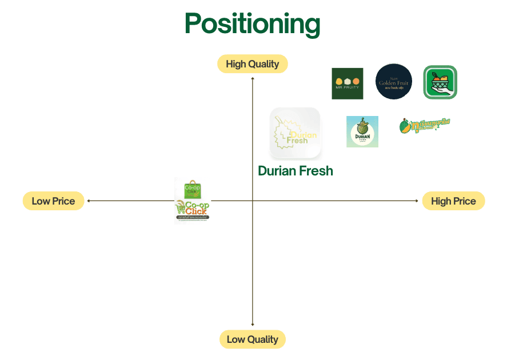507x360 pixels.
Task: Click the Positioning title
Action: pyautogui.click(x=252, y=24)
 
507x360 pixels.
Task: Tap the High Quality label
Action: pyautogui.click(x=252, y=64)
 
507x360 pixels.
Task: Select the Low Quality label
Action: pyautogui.click(x=252, y=339)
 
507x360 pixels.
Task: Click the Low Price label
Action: pyautogui.click(x=53, y=201)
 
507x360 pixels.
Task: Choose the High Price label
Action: pyautogui.click(x=453, y=201)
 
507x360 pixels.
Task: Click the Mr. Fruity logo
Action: pyautogui.click(x=347, y=83)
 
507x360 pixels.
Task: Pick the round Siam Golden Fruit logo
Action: pyautogui.click(x=393, y=82)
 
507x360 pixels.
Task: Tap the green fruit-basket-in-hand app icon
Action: pyautogui.click(x=440, y=82)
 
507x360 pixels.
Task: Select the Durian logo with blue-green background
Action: pyautogui.click(x=362, y=131)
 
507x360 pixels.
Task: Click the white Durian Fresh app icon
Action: pyautogui.click(x=295, y=133)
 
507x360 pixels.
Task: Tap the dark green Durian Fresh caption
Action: pyautogui.click(x=295, y=171)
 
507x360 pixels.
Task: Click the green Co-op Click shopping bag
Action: pyautogui.click(x=191, y=188)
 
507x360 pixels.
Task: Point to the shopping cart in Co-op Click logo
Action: pyautogui.click(x=181, y=209)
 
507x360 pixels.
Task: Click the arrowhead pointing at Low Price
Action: pyautogui.click(x=89, y=201)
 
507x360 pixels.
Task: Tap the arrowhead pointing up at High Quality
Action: pyautogui.click(x=253, y=78)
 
